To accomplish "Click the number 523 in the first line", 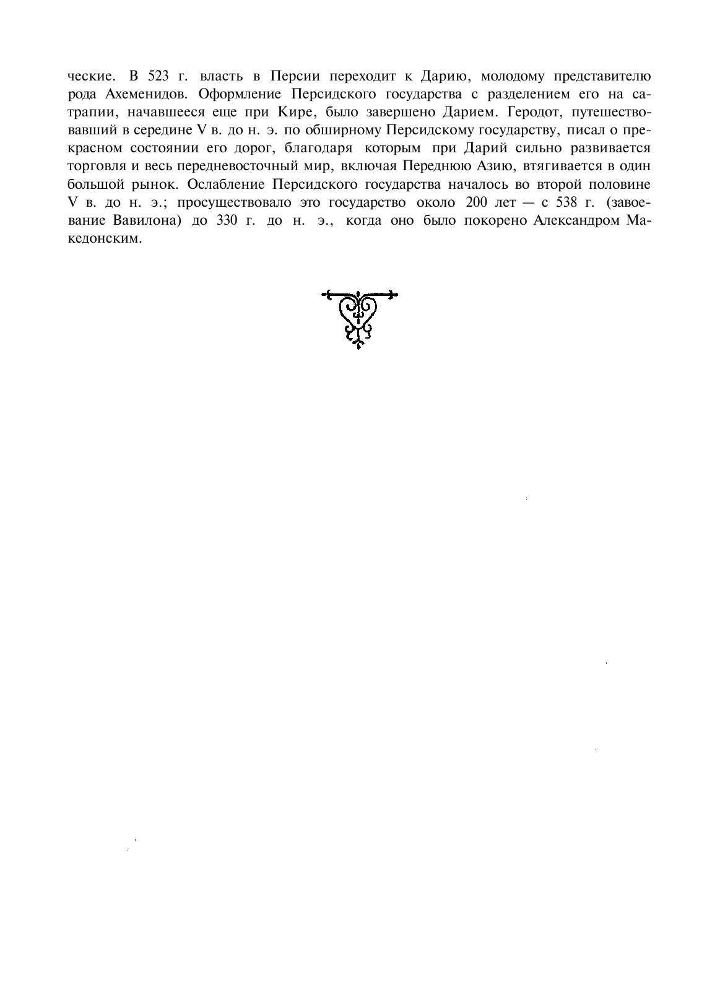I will (159, 77).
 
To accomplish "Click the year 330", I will (228, 221).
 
